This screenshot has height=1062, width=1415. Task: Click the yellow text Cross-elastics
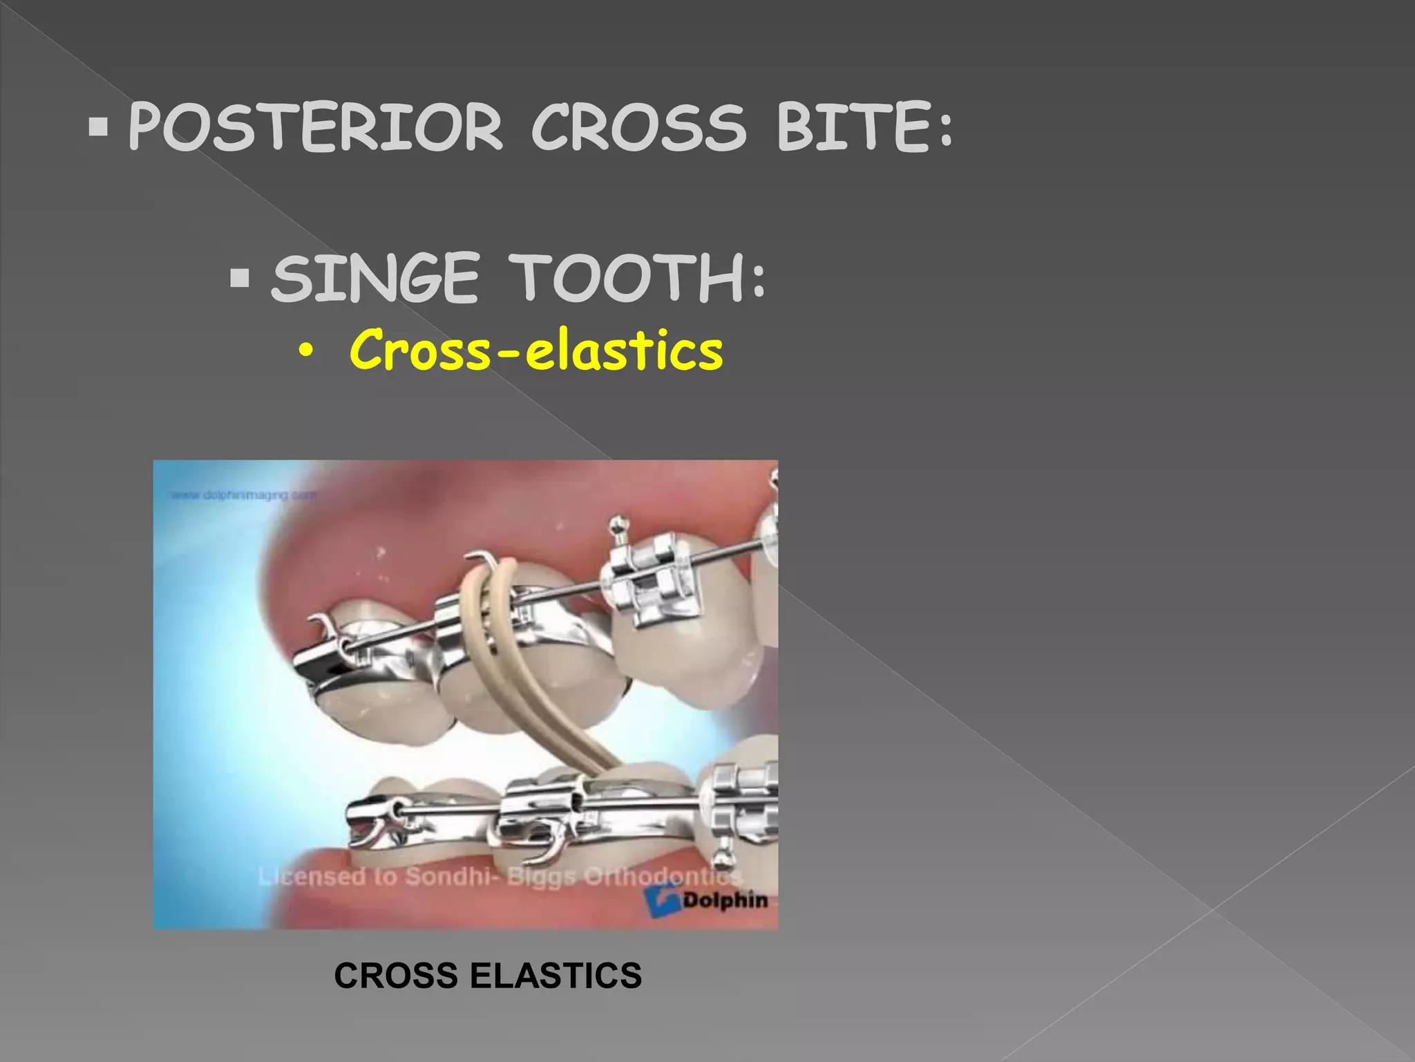pyautogui.click(x=536, y=350)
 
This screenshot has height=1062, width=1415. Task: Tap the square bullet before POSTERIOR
pyautogui.click(x=99, y=127)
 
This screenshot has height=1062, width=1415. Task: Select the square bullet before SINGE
pyautogui.click(x=240, y=279)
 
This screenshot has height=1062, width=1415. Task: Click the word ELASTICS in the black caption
pyautogui.click(x=555, y=976)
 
